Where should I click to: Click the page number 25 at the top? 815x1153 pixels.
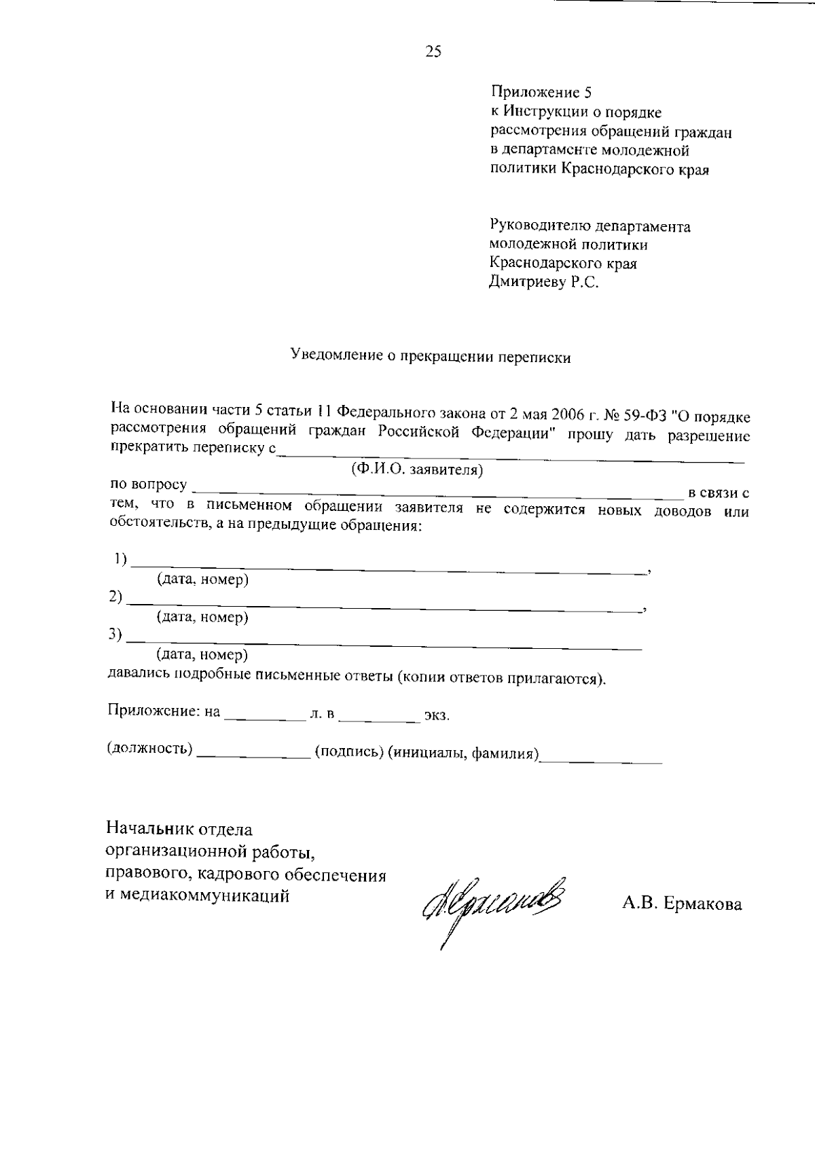click(x=433, y=52)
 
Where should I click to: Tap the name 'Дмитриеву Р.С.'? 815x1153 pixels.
click(x=544, y=282)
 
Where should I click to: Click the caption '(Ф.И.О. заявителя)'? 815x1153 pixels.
click(x=416, y=469)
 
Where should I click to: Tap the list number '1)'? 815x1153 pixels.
click(x=120, y=559)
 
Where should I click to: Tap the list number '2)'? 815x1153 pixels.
click(x=115, y=597)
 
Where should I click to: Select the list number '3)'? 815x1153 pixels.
click(x=115, y=634)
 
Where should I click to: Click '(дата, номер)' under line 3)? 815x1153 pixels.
click(x=202, y=655)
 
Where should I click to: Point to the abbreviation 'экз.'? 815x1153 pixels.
click(x=437, y=716)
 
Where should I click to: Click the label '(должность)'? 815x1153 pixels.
click(x=149, y=749)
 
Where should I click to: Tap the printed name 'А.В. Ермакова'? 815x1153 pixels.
click(x=681, y=904)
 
